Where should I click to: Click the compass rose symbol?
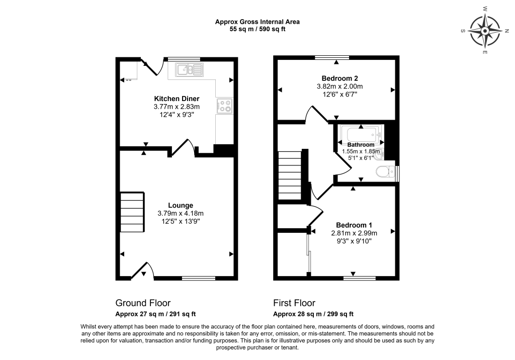pyautogui.click(x=485, y=31)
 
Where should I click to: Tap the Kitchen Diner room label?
pyautogui.click(x=177, y=99)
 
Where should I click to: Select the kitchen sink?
pyautogui.click(x=189, y=69)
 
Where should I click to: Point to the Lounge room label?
pyautogui.click(x=181, y=206)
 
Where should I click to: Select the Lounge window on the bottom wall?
pyautogui.click(x=199, y=278)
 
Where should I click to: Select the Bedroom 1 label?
pyautogui.click(x=354, y=225)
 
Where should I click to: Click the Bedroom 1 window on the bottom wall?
pyautogui.click(x=360, y=278)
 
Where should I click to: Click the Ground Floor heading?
pyautogui.click(x=143, y=303)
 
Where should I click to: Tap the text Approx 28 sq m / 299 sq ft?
pyautogui.click(x=313, y=314)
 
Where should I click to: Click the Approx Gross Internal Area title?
pyautogui.click(x=257, y=22)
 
